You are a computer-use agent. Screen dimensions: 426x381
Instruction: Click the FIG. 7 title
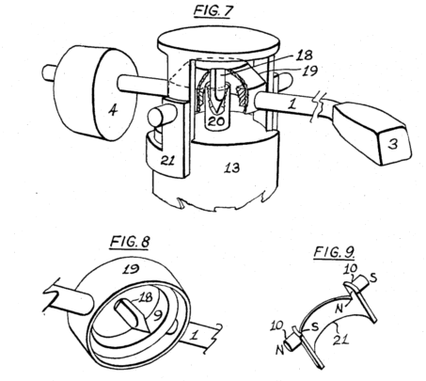tap(213, 11)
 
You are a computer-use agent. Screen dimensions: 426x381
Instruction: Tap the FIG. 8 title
tap(130, 242)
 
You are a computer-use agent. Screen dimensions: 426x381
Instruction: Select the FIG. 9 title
tap(334, 252)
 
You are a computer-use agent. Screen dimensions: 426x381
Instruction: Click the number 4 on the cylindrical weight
tap(113, 110)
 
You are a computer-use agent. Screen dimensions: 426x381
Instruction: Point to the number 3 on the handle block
tap(392, 143)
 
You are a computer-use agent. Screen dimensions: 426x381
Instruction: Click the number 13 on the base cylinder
tap(232, 167)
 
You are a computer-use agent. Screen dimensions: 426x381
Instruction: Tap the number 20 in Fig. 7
tap(216, 121)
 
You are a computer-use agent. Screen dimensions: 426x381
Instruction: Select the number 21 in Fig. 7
tap(168, 160)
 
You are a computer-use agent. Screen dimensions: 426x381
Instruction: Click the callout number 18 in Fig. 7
tap(304, 56)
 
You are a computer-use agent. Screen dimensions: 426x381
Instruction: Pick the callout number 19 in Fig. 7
tap(309, 71)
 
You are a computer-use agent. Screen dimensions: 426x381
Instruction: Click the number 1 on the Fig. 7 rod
tap(292, 103)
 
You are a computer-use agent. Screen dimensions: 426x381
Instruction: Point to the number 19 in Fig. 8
tap(131, 269)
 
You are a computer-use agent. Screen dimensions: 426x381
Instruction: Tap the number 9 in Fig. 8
tap(156, 317)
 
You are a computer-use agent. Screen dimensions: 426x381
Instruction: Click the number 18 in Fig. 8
tap(145, 297)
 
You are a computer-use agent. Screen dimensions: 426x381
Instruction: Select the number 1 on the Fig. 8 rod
tap(195, 336)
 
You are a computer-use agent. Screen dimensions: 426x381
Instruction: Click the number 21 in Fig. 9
tap(342, 340)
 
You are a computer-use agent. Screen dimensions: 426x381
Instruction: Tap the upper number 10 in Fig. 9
tap(351, 268)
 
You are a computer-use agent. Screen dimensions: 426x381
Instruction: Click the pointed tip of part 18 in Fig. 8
tap(148, 332)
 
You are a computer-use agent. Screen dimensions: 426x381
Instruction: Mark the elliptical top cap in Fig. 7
tap(218, 42)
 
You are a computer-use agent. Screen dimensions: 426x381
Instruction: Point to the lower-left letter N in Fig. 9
tap(280, 349)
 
